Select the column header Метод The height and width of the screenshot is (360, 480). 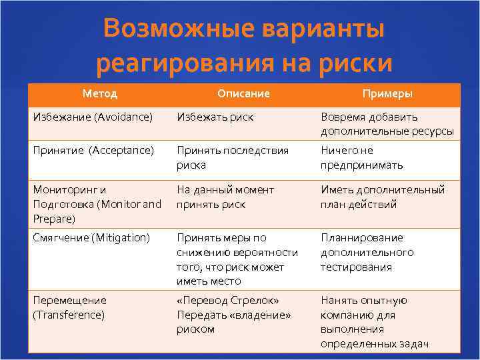coord(100,93)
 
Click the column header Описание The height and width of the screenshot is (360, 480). coord(243,93)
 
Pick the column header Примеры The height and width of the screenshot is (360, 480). coord(387,93)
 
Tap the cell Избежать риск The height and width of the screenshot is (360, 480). coord(215,117)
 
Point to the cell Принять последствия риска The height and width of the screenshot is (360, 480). coord(232,157)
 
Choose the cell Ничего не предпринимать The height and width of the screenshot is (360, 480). coord(362,157)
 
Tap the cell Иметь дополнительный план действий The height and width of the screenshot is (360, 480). coord(382,197)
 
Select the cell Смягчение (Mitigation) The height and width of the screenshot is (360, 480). coord(91,237)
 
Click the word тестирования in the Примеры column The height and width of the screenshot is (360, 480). coord(356,267)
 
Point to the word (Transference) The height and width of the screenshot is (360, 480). coord(69,315)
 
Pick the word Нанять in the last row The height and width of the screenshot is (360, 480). coord(339,300)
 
